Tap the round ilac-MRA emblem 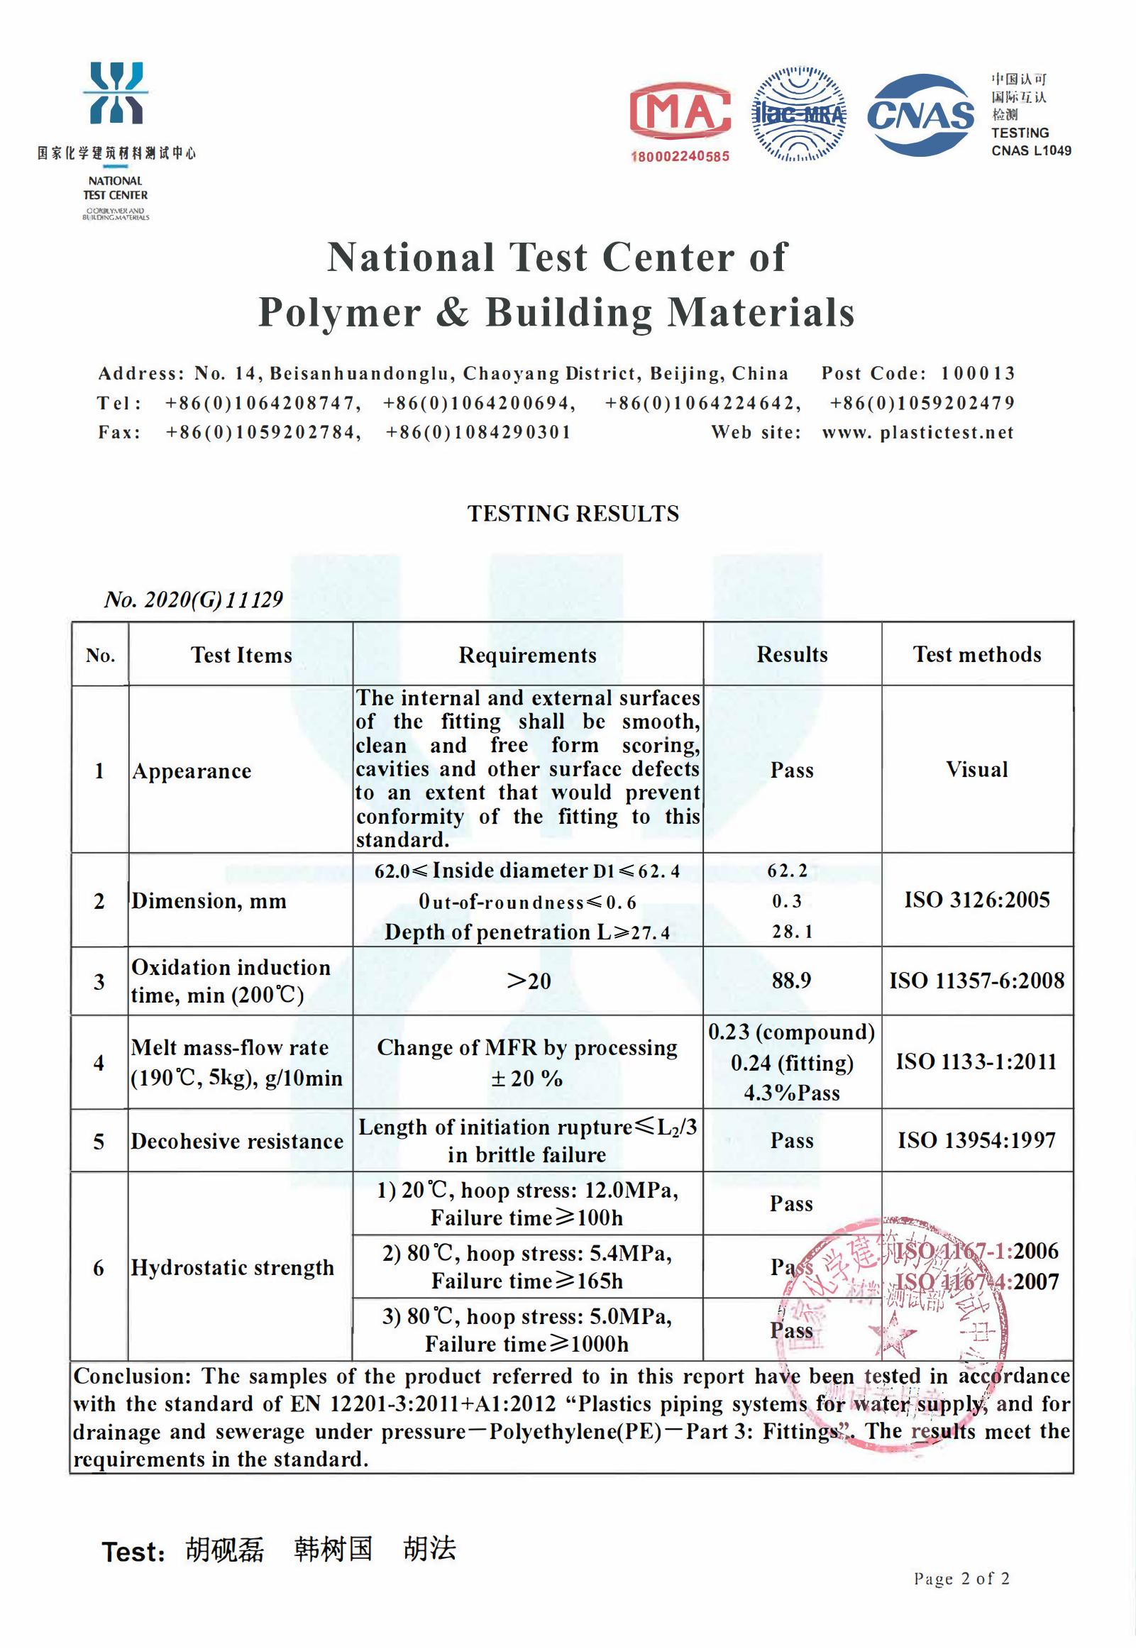click(x=799, y=114)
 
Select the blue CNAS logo click(x=921, y=114)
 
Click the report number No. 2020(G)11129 click(x=194, y=600)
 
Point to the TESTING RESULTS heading click(x=573, y=514)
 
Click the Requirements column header click(x=527, y=655)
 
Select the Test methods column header click(x=976, y=654)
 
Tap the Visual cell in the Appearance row click(x=976, y=769)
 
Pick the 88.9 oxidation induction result click(x=791, y=980)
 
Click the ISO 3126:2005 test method click(x=976, y=900)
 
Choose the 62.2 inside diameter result click(x=787, y=871)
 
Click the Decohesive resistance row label click(x=237, y=1141)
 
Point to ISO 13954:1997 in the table click(x=976, y=1140)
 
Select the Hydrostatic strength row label click(x=232, y=1267)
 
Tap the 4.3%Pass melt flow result click(x=791, y=1093)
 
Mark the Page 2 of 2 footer click(x=961, y=1579)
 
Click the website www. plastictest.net click(x=917, y=433)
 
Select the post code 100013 click(x=977, y=374)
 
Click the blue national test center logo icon click(x=116, y=93)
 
